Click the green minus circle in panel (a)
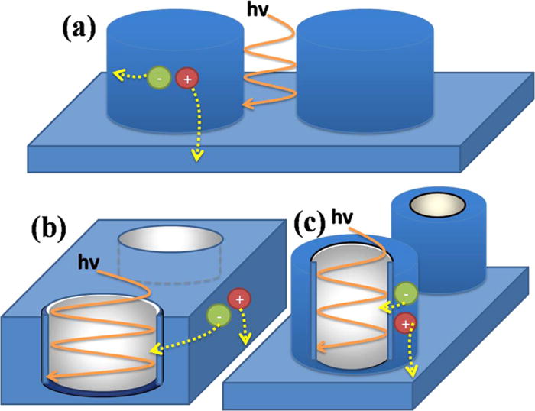click(159, 78)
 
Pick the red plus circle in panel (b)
click(240, 299)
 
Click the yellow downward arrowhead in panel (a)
click(197, 157)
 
